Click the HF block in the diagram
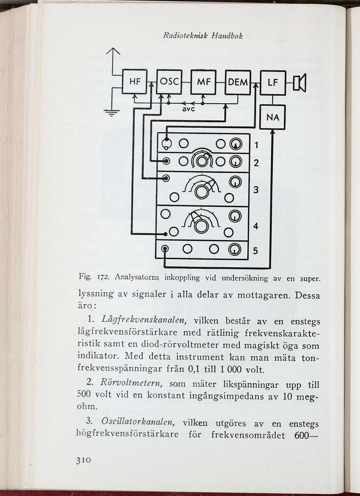click(x=135, y=82)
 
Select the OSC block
click(x=169, y=82)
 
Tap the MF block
click(x=203, y=82)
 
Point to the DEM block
click(x=238, y=82)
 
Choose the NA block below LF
click(x=272, y=117)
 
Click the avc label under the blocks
click(x=188, y=110)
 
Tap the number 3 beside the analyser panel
click(x=256, y=190)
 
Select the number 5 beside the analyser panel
click(x=255, y=250)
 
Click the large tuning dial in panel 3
click(x=202, y=191)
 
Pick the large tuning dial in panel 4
click(x=201, y=226)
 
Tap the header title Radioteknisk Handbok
click(x=203, y=36)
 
